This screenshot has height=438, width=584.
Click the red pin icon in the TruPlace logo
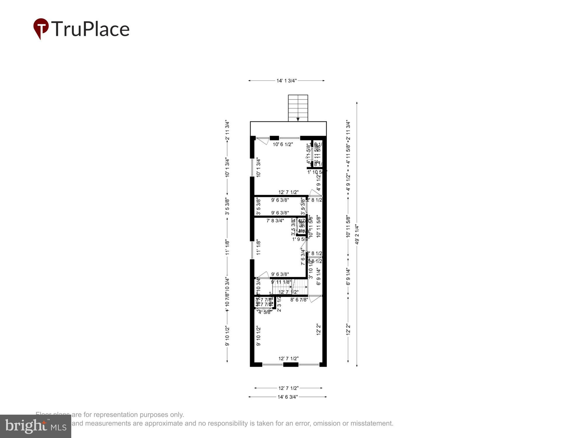point(41,28)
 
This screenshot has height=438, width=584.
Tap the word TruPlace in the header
point(91,29)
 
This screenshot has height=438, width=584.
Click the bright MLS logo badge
point(35,426)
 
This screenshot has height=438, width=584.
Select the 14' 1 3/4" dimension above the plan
point(286,81)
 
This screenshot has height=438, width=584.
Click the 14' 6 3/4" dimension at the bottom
point(288,397)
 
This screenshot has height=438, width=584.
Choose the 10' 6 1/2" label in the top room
point(283,144)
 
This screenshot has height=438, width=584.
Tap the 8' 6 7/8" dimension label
point(299,300)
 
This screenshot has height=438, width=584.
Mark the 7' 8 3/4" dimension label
point(275,221)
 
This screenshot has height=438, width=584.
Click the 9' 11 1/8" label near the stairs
point(281,282)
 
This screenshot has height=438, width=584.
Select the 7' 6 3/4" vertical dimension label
point(303,256)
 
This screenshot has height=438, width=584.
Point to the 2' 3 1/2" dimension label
point(279,304)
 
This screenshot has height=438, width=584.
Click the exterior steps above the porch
point(298,107)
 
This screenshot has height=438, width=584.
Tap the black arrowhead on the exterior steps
point(298,119)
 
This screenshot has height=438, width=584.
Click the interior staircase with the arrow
point(290,287)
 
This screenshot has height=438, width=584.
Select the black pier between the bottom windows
point(291,364)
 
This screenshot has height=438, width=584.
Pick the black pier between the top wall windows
point(274,138)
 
